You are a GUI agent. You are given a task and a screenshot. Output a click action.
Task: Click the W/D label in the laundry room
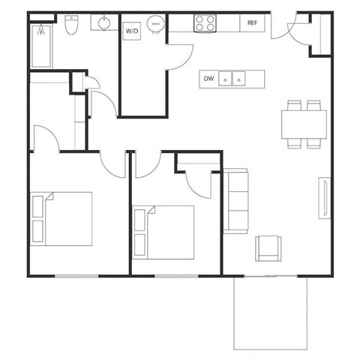(x=132, y=31)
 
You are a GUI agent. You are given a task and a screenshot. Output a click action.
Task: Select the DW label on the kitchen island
(x=208, y=78)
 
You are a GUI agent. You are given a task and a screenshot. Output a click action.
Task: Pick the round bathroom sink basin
(x=103, y=22)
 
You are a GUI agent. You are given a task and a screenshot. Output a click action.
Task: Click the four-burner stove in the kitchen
(x=205, y=24)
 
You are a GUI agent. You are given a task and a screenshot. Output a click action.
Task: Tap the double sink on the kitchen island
(x=232, y=78)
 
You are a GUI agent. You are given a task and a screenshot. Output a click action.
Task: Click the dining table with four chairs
(x=304, y=124)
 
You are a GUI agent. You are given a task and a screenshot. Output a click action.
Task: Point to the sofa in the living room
(x=236, y=201)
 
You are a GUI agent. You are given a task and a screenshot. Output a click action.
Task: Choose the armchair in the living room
(x=268, y=248)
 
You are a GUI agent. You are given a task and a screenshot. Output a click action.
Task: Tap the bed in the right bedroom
(x=163, y=231)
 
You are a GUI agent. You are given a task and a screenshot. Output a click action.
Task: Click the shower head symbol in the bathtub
(x=40, y=31)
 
